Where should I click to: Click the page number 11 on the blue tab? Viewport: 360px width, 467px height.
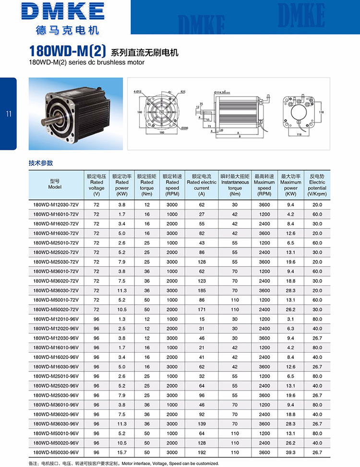click(8, 114)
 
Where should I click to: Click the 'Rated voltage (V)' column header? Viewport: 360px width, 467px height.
click(96, 185)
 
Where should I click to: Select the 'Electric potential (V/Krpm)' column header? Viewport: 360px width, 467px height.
click(317, 185)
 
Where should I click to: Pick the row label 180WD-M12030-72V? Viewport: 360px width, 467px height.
click(56, 205)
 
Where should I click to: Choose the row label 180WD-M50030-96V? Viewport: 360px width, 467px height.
click(56, 453)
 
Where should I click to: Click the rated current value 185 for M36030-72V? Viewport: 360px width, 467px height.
click(202, 290)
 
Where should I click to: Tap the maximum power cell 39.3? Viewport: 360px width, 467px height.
click(291, 453)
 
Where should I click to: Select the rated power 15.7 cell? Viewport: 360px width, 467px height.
click(122, 453)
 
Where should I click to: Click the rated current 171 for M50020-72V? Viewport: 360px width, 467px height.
click(202, 309)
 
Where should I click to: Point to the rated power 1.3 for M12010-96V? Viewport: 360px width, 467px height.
click(122, 319)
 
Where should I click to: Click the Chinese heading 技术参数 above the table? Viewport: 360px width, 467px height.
click(41, 163)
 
